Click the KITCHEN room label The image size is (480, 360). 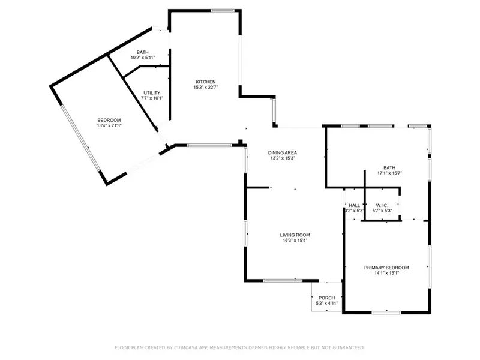pos(205,82)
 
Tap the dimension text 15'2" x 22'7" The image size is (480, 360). pos(205,88)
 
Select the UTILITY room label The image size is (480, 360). pos(151,92)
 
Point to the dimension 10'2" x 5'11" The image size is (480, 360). pos(142,58)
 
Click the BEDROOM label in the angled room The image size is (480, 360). pos(109,120)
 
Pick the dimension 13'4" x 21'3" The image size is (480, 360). pos(109,126)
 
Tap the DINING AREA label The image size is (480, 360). pos(282,152)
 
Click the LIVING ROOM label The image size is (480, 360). pos(295,235)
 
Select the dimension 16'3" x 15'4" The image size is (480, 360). pos(295,241)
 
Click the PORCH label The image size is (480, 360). pos(327,298)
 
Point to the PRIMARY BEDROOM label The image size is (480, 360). pos(386,267)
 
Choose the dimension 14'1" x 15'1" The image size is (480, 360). pos(386,273)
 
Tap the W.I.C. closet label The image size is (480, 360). pos(382,205)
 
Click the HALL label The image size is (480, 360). pos(354,205)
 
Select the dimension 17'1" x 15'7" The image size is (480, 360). pos(389,173)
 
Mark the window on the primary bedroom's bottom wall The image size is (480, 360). pos(386,312)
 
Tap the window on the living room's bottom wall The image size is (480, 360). pos(283,280)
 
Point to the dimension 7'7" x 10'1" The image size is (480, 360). pos(152,98)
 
